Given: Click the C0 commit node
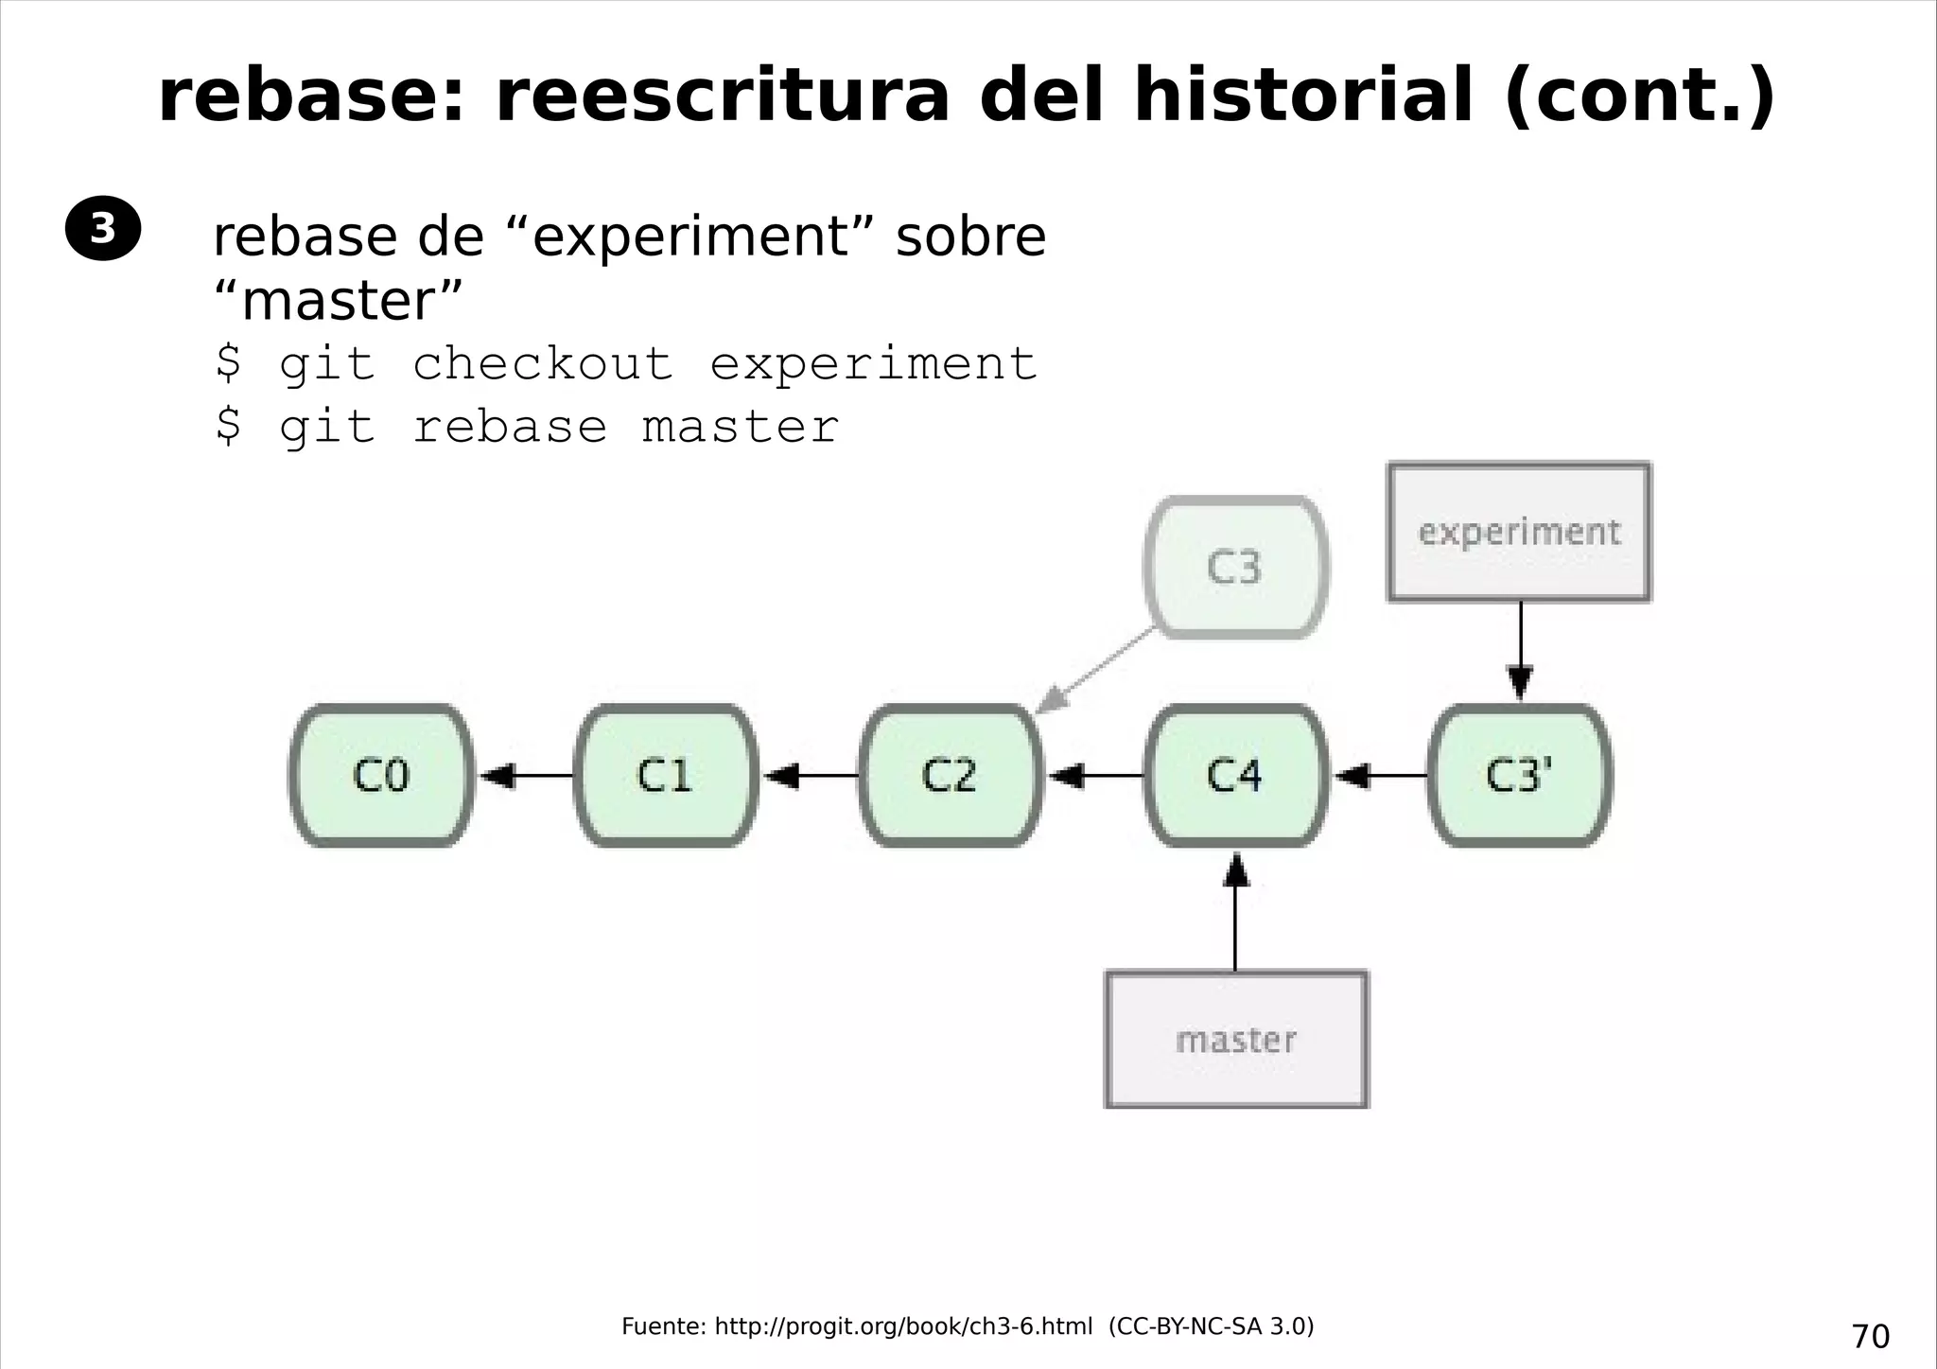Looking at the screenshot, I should coord(381,776).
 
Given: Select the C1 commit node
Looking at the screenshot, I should coord(666,776).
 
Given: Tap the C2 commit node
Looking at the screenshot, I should coord(951,776).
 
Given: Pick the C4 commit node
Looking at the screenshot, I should coord(1235,776).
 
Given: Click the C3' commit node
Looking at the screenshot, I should coord(1520,776).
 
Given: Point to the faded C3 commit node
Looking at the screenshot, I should coord(1235,568).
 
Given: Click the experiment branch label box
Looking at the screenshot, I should coord(1519,532).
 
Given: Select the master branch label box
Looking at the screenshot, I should coord(1236,1040).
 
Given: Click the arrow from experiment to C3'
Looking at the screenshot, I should coord(1520,653).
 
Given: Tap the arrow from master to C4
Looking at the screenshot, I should coord(1235,913).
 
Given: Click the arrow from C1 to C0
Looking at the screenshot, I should coord(526,776).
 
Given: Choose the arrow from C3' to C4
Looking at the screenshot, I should coord(1380,776).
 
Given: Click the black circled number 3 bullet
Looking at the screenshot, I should coord(102,228).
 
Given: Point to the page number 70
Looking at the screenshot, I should coord(1870,1336).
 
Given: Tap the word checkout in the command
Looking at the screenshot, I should coord(542,364).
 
